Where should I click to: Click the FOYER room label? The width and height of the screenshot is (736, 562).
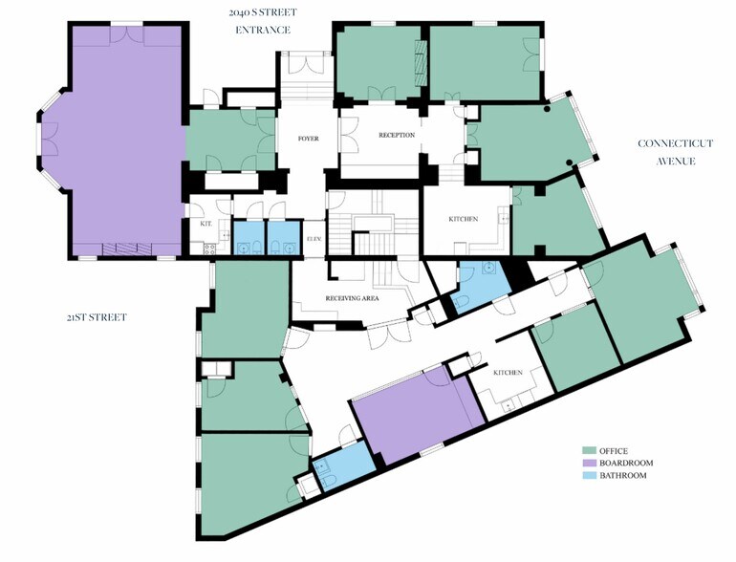click(x=308, y=139)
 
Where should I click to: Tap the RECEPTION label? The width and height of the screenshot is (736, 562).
click(x=396, y=136)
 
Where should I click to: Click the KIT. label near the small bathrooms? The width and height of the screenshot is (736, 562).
click(x=206, y=224)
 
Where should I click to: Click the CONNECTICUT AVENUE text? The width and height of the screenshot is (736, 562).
click(x=676, y=152)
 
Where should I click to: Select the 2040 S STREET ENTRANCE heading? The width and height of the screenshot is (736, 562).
click(x=265, y=21)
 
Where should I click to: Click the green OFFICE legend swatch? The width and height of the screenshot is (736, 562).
click(x=590, y=450)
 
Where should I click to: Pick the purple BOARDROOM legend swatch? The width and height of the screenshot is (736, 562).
click(x=590, y=463)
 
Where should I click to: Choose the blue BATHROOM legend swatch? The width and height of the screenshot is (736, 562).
click(x=590, y=475)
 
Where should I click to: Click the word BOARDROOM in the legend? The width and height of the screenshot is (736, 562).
click(x=626, y=463)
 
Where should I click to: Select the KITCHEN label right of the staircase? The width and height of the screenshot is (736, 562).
click(x=464, y=219)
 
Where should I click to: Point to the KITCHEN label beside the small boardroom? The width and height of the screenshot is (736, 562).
click(x=507, y=372)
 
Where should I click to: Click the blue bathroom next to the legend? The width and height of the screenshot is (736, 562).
click(x=342, y=469)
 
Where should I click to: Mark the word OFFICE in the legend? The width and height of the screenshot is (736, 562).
click(x=617, y=450)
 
